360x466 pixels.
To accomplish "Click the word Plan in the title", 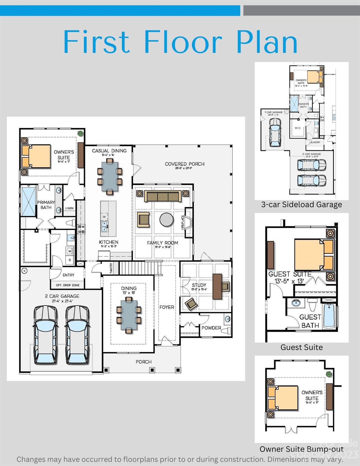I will (267, 42).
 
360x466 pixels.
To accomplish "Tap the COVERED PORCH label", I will (185, 164).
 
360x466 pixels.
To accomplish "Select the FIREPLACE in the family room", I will (188, 222).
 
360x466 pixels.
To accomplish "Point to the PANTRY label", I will (111, 268).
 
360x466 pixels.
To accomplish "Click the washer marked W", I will (70, 251).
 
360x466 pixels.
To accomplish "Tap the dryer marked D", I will (70, 260).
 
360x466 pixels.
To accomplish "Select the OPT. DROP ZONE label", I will (67, 285).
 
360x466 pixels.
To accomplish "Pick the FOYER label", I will (167, 307).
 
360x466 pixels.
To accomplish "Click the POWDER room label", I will (211, 328).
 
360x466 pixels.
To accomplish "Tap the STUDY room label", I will (199, 285).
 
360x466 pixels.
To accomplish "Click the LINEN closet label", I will (70, 208).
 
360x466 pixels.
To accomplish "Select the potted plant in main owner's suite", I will (80, 133).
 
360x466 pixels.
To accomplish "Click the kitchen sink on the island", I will (104, 225).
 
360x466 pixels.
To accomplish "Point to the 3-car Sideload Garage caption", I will (301, 204).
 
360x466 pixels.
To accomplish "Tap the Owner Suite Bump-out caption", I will (301, 449).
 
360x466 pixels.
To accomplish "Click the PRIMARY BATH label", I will (46, 205).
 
